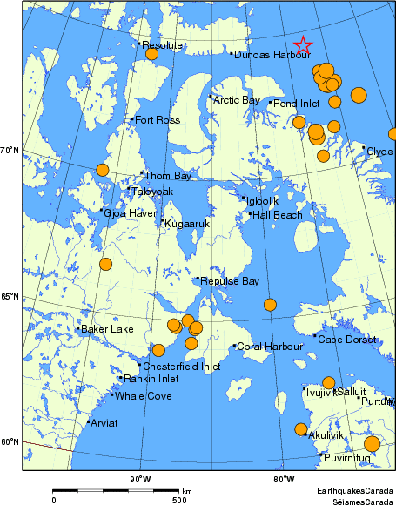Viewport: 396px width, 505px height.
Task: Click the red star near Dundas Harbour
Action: [x=303, y=45]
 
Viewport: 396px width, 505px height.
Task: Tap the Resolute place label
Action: [x=162, y=44]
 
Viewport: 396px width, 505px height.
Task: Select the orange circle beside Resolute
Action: [x=151, y=54]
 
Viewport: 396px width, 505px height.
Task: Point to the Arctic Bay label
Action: [x=237, y=100]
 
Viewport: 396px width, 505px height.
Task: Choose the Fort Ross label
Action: [x=157, y=119]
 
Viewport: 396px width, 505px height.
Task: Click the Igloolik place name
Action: [x=259, y=200]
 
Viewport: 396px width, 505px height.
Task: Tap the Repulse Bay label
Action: [x=230, y=281]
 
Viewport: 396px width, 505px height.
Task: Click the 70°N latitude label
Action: [x=10, y=151]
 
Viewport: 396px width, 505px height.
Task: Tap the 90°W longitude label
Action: [x=140, y=479]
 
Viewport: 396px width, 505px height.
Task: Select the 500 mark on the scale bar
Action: [x=178, y=499]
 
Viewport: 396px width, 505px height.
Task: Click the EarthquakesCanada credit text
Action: [x=356, y=491]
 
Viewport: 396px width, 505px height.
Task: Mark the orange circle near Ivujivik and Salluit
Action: [x=328, y=382]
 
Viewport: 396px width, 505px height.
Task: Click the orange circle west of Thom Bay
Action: [x=102, y=170]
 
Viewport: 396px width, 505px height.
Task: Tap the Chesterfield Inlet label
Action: [x=181, y=367]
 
